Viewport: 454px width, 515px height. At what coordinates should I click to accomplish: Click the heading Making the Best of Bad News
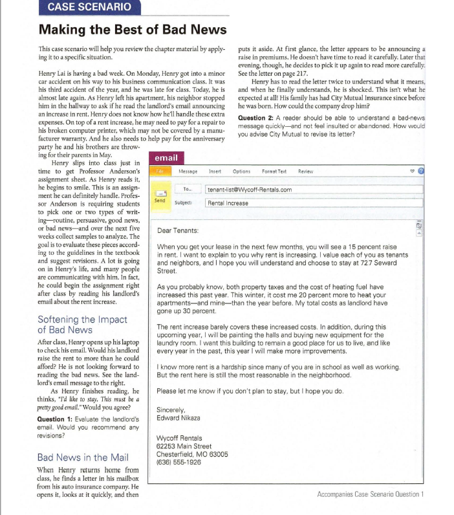[133, 30]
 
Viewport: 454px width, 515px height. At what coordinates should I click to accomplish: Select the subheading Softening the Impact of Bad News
[83, 325]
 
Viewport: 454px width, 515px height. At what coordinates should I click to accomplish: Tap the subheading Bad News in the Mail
[81, 457]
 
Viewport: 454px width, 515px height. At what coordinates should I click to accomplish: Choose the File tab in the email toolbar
[160, 172]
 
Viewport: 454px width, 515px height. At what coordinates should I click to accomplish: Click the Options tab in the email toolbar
[241, 172]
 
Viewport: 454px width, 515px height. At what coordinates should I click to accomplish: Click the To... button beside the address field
[188, 190]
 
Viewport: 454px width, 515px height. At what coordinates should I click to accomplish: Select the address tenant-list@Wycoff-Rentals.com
[249, 190]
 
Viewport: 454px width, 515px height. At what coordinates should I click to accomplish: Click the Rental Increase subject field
[228, 203]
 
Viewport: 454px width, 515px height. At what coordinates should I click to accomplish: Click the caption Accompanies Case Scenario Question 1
[370, 494]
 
